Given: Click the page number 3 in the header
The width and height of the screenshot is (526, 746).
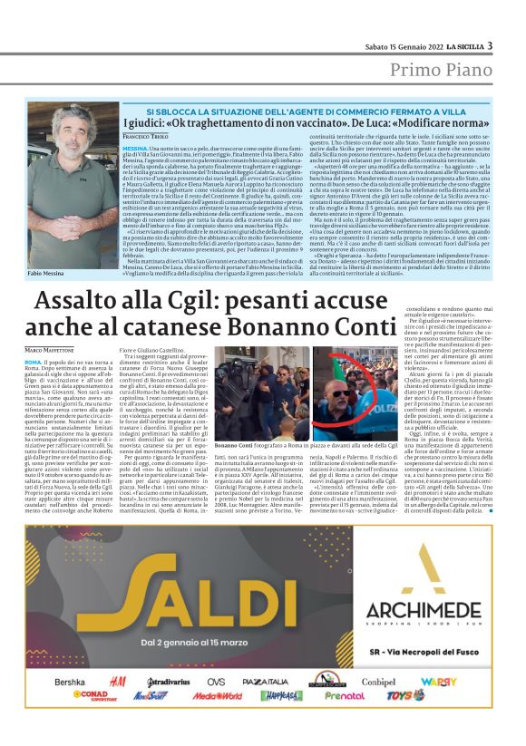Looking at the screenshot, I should (x=490, y=45).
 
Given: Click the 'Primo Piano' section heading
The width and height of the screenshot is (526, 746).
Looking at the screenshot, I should (x=443, y=71).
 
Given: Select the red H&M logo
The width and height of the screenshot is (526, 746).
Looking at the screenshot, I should (x=116, y=682).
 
